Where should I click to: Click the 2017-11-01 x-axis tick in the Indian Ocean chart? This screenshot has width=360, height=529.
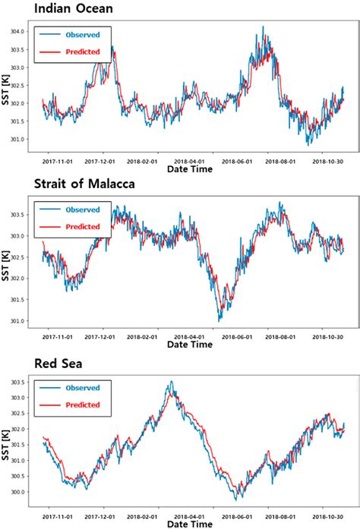(56, 162)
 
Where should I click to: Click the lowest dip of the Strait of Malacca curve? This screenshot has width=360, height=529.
(219, 320)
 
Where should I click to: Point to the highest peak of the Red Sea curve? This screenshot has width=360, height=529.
(172, 382)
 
